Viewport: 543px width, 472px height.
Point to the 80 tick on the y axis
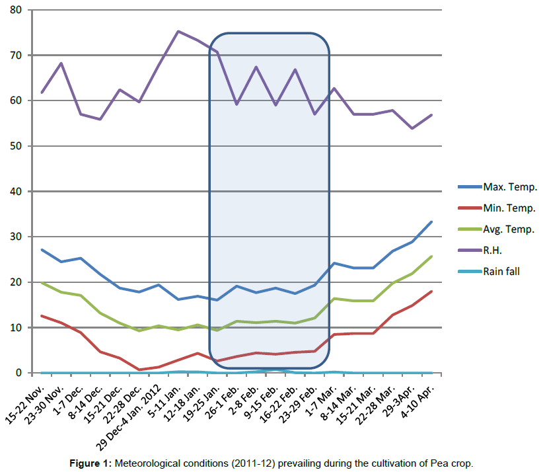coord(15,10)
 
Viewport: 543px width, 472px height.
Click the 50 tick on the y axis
coord(15,146)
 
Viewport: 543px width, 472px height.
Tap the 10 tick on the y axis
coord(15,327)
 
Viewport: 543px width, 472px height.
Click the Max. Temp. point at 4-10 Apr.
coord(431,221)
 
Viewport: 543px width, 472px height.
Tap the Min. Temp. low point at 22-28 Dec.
coord(139,370)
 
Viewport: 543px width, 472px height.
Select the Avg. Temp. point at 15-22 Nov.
coord(42,282)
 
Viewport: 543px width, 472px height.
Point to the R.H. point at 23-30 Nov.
coord(61,63)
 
